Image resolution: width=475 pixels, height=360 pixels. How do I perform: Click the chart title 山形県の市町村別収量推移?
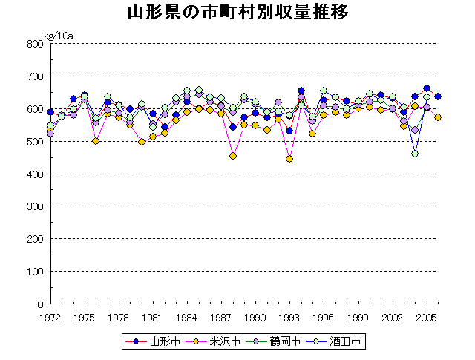pos(237,13)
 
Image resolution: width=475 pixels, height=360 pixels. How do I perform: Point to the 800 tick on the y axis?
pos(34,44)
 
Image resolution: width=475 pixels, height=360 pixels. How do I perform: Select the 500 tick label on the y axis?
pos(34,142)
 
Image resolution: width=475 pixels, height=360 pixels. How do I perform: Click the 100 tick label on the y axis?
pos(34,272)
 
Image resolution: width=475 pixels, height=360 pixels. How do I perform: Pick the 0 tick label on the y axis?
pos(39,304)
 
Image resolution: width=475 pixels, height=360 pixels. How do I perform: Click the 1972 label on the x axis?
pos(50,318)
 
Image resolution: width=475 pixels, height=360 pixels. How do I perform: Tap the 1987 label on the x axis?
pos(221,318)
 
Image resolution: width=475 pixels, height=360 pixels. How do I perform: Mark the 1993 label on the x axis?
pos(289,318)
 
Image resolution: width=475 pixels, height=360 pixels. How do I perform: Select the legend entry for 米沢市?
pos(215,342)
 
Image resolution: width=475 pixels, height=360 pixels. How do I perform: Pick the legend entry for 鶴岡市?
pos(275,342)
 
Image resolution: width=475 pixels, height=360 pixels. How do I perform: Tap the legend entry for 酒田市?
pos(335,342)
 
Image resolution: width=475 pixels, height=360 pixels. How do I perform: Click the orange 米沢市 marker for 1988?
pos(233,156)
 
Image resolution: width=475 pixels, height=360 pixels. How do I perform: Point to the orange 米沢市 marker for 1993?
pos(289,159)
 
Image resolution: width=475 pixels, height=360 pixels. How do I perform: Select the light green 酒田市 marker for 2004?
pos(415,154)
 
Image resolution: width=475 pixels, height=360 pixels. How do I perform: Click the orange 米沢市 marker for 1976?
pos(96,141)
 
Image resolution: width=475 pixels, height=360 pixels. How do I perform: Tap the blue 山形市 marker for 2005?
pos(427,88)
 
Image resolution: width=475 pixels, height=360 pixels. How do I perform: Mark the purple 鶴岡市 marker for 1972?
pos(50,134)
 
